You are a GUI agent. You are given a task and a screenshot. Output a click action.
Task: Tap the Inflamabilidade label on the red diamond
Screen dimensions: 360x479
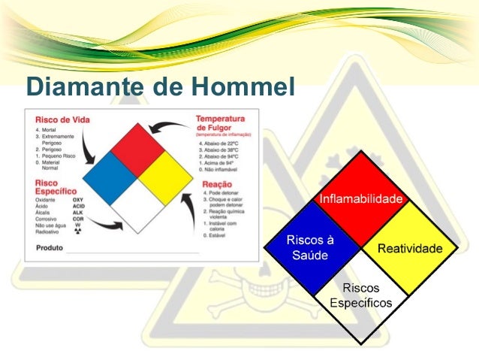coord(361,199)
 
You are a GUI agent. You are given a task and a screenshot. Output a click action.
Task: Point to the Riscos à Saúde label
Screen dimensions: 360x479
coord(310,247)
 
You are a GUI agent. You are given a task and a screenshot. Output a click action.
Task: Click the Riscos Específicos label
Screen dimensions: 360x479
coord(361,295)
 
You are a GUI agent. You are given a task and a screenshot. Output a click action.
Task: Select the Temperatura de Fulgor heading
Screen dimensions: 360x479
coord(221,123)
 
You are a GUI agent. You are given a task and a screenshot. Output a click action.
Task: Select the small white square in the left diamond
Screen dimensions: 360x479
coord(138,204)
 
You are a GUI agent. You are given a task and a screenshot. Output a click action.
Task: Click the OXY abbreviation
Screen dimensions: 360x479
coord(78,201)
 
